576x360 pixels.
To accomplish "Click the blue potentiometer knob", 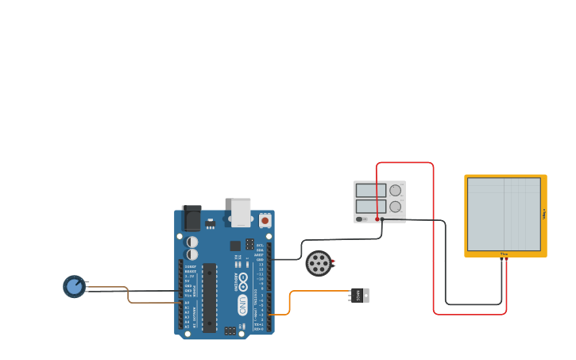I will click(74, 286).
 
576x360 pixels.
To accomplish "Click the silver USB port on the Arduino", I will click(241, 211).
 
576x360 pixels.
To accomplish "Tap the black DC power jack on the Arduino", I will click(191, 218).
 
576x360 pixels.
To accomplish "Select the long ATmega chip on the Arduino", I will click(209, 296).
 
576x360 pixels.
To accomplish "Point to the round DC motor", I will click(319, 263).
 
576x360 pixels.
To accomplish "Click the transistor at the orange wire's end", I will click(359, 295).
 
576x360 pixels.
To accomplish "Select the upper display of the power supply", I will click(371, 191).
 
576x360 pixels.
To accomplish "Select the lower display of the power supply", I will click(371, 207).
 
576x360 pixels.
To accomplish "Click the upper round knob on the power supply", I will click(395, 191).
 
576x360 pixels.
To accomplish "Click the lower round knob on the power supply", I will click(395, 207).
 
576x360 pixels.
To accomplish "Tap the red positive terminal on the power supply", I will click(377, 219).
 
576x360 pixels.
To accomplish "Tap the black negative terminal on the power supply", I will click(382, 219).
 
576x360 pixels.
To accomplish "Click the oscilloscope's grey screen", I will click(504, 214).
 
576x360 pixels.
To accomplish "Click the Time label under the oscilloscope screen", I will click(504, 254).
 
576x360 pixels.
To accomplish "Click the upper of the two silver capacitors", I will click(192, 241).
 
